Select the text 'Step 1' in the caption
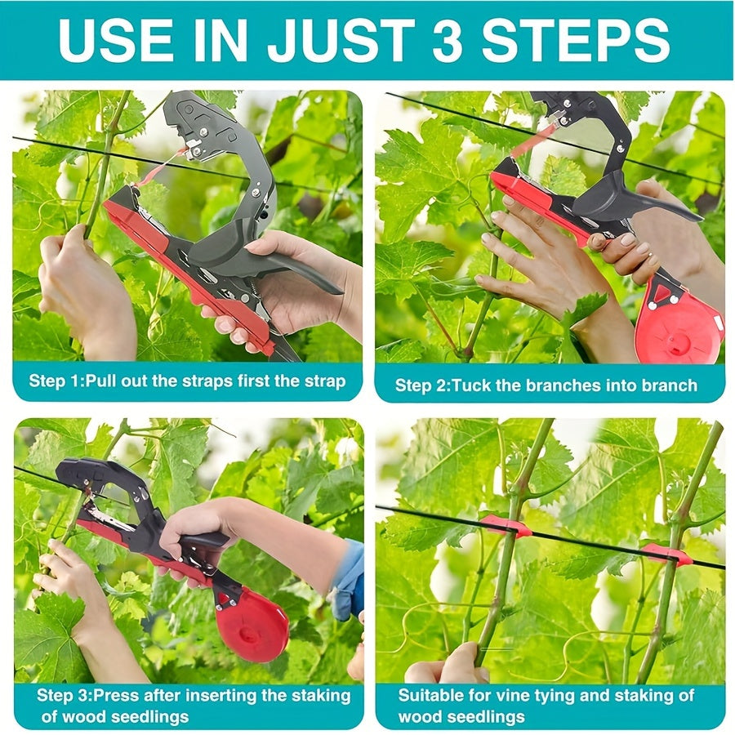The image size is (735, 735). click(x=52, y=381)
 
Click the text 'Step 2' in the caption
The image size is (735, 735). click(x=417, y=385)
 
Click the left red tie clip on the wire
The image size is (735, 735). click(x=506, y=526)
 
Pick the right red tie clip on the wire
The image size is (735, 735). click(x=666, y=554)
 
